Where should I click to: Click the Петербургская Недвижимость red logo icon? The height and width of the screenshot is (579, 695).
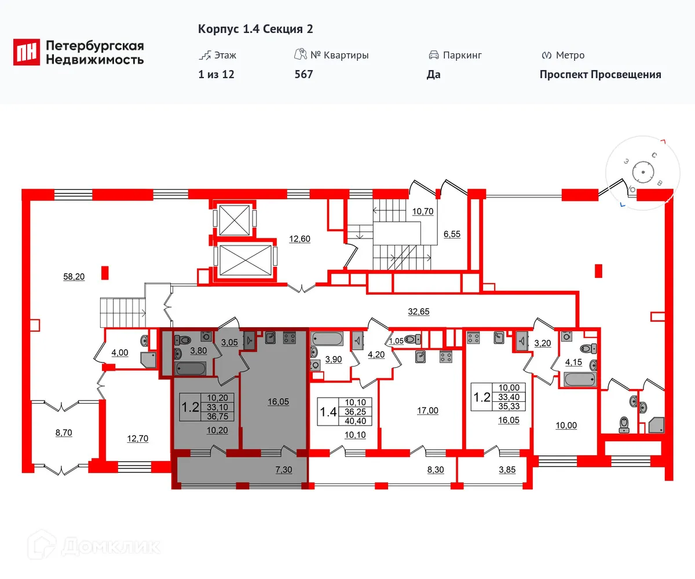27,52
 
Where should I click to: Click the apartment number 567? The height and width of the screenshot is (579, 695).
303,75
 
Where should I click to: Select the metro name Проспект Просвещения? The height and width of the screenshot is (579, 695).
600,75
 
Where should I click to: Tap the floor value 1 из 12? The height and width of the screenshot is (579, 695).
216,75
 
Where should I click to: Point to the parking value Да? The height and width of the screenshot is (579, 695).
434,75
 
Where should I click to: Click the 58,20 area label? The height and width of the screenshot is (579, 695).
74,277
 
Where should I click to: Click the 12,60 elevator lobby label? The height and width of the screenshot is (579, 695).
299,238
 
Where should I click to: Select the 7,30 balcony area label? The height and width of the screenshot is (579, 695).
283,470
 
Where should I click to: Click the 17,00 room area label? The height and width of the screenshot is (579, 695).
427,411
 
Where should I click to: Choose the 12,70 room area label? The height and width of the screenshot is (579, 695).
137,438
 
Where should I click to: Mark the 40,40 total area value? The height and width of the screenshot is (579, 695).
357,421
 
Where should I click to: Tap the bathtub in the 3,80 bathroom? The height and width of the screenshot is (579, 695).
190,368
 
